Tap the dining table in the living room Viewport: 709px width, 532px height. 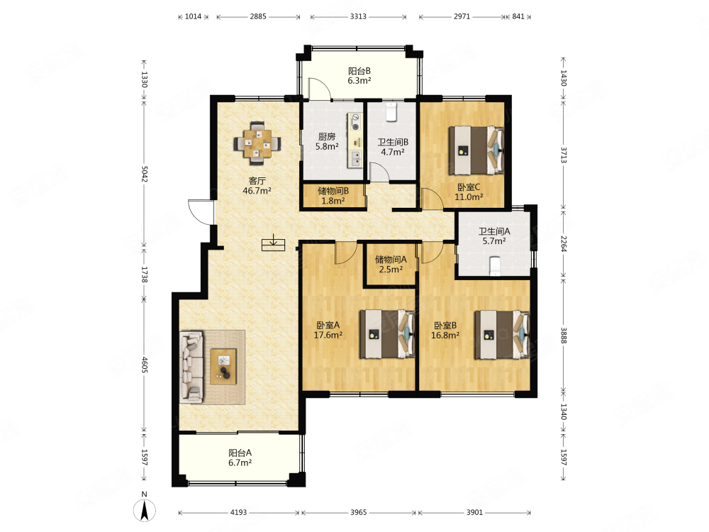point(257,144)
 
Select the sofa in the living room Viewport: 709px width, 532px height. point(191,367)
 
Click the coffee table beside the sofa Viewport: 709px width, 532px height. point(223,367)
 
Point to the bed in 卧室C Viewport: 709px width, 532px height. point(476,150)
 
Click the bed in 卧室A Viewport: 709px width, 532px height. point(388,334)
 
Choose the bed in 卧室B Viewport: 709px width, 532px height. point(502,335)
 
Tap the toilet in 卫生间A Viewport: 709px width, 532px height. point(495,266)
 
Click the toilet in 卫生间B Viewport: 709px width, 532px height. point(391,112)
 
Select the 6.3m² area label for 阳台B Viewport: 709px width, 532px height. point(359,81)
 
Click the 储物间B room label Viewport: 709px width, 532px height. point(333,191)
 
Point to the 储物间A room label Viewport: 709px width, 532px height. point(391,260)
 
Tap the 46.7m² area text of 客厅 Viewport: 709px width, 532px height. point(257,191)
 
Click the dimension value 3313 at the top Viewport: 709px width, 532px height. point(358,17)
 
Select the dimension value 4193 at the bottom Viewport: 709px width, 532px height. point(239,513)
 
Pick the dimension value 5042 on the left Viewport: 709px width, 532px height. point(145,174)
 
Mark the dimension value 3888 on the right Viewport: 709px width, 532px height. point(564,336)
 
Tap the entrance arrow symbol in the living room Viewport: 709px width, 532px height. point(274,243)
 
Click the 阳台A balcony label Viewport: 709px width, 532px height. point(240,453)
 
